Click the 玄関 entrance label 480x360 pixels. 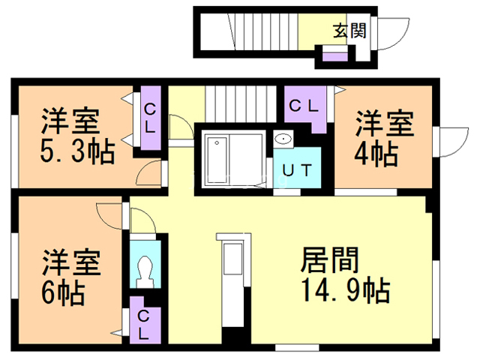(349, 31)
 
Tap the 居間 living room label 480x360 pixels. (329, 260)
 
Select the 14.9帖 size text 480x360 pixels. (346, 289)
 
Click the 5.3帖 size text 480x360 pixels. (77, 151)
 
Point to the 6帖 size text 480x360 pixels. (63, 292)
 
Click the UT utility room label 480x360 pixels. (297, 170)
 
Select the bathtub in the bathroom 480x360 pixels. (217, 160)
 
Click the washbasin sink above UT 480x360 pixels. (283, 139)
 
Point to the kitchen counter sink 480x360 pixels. (233, 259)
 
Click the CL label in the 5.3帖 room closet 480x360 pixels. (150, 118)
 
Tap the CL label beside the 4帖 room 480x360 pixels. (304, 106)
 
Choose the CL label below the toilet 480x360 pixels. (143, 325)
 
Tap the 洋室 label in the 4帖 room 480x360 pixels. (384, 124)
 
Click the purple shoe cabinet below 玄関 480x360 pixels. (335, 57)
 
